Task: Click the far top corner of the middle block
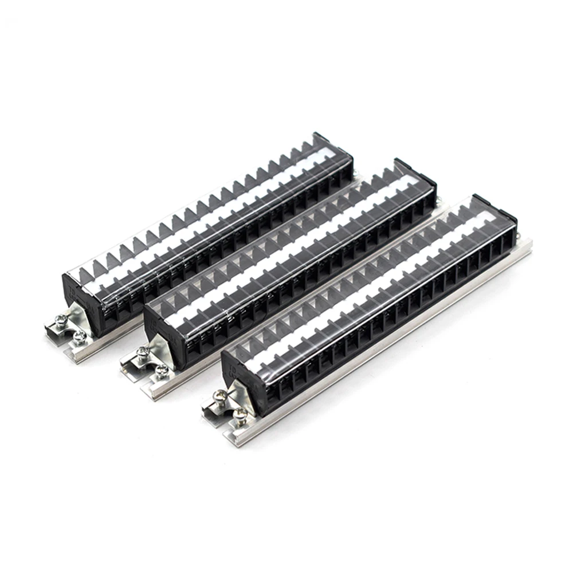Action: coord(399,161)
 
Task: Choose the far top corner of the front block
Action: coord(477,196)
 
